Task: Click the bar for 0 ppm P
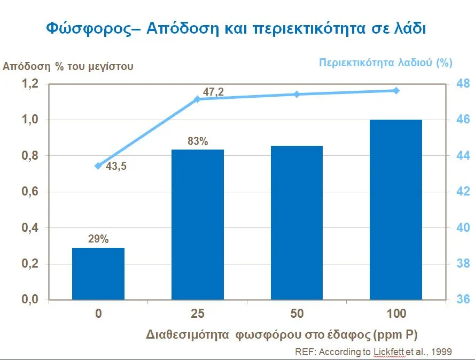coord(98,273)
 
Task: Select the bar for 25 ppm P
coord(198,224)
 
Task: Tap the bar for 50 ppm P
coord(297,222)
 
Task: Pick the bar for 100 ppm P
coord(396,209)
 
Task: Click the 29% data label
coord(98,239)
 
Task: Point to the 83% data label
coord(198,142)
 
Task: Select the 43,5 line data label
coord(116,166)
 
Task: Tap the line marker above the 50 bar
coord(297,95)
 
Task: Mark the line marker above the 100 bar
coord(396,91)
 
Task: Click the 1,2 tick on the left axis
coord(30,84)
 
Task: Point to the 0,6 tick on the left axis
coord(30,192)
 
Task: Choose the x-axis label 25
coord(198,314)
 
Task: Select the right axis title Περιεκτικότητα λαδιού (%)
coord(385,62)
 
